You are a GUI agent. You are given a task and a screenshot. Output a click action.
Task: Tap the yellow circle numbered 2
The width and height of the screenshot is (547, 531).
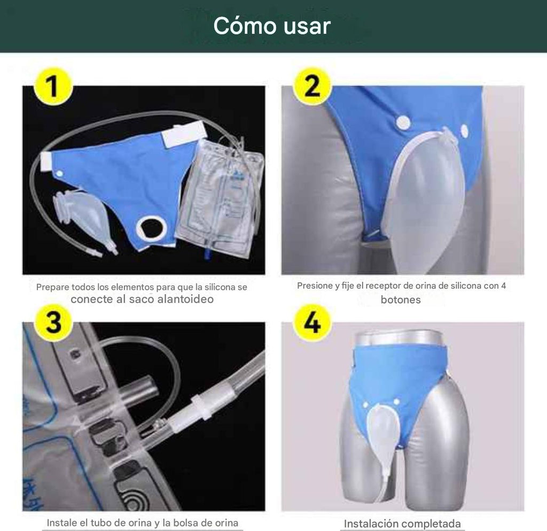click(312, 86)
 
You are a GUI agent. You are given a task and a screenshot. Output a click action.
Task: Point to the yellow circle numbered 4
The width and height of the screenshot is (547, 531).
click(312, 322)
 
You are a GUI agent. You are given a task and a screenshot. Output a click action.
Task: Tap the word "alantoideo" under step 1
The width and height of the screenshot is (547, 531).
click(185, 299)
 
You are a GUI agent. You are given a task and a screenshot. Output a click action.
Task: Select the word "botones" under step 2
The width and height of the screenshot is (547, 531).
click(401, 300)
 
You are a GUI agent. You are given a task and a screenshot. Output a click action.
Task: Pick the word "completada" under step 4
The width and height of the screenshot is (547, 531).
click(431, 524)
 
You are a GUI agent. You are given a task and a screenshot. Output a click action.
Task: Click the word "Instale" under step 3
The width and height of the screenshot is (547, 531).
click(62, 522)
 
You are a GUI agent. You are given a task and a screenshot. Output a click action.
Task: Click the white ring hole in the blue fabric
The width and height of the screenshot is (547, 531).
click(150, 229)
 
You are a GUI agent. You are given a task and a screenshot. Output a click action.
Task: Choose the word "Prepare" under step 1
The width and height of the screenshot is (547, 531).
click(53, 287)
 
